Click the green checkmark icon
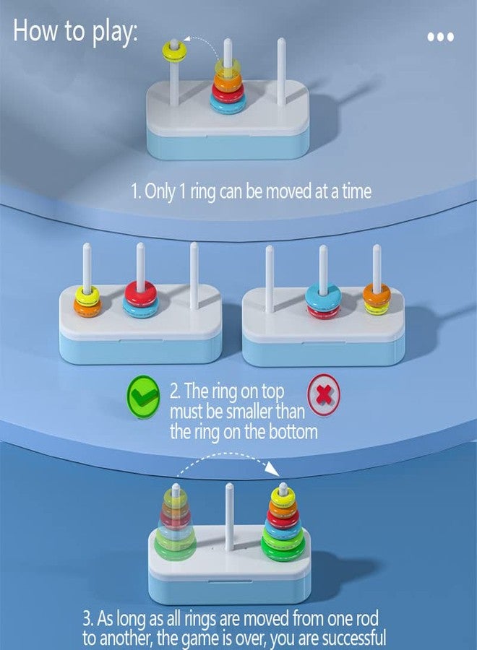tap(142, 396)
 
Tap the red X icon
tap(324, 395)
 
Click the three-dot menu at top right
tap(440, 37)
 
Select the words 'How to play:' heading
tap(75, 31)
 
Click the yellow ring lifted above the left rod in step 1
tap(174, 51)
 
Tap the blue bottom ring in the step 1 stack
tap(228, 103)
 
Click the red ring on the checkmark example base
tap(141, 293)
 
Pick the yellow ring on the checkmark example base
tap(87, 295)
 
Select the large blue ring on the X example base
tap(323, 296)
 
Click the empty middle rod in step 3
tap(229, 516)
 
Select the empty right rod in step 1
tap(281, 71)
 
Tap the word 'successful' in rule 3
tap(354, 638)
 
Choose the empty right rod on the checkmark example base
tap(194, 277)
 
